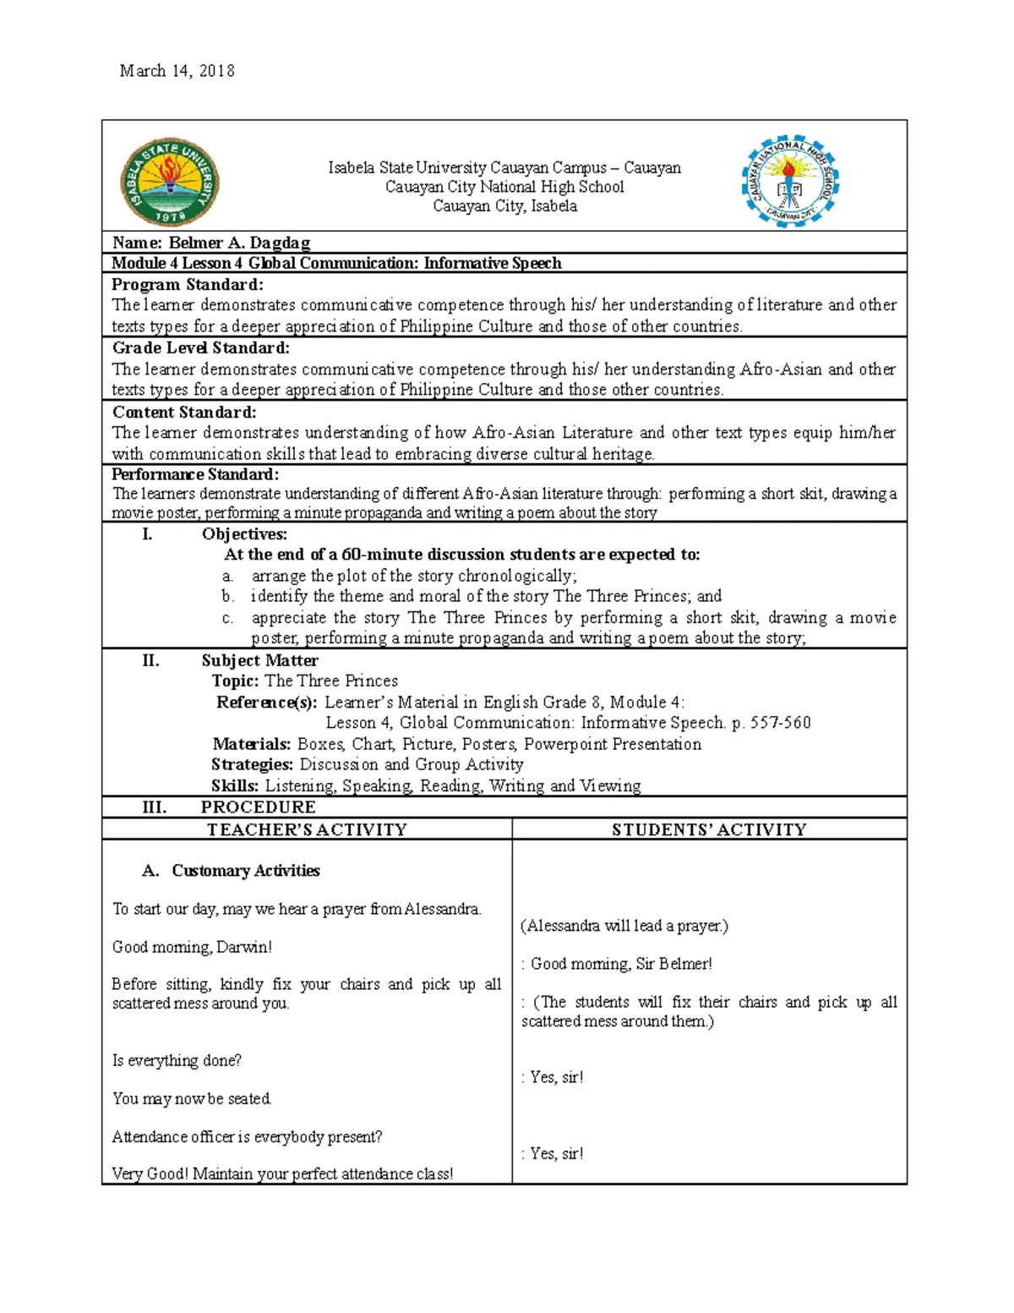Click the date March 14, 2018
(177, 71)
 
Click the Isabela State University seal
(170, 183)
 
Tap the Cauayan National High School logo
(790, 182)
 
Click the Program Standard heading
(188, 284)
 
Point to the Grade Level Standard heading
(200, 347)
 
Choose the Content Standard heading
(183, 412)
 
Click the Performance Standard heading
(195, 474)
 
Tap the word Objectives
(244, 534)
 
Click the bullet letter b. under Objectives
(227, 596)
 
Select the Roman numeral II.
(150, 660)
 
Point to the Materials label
(251, 744)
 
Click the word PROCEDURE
(258, 807)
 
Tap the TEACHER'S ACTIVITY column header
(307, 829)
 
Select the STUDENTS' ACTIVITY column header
(709, 829)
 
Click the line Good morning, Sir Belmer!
(621, 964)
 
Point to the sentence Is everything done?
(177, 1060)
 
